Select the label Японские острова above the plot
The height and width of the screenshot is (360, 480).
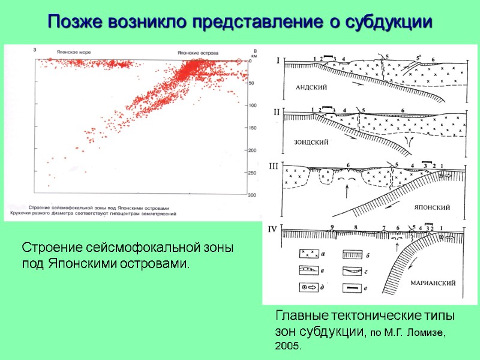197,52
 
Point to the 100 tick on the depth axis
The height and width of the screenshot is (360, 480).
252,106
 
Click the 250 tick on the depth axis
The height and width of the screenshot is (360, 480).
252,173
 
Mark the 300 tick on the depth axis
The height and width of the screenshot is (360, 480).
252,195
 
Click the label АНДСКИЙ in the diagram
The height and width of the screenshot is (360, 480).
311,87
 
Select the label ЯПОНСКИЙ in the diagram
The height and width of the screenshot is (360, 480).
433,207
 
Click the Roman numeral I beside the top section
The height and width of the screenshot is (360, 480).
277,60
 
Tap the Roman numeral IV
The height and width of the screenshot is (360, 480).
273,228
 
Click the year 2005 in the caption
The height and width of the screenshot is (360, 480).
288,347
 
